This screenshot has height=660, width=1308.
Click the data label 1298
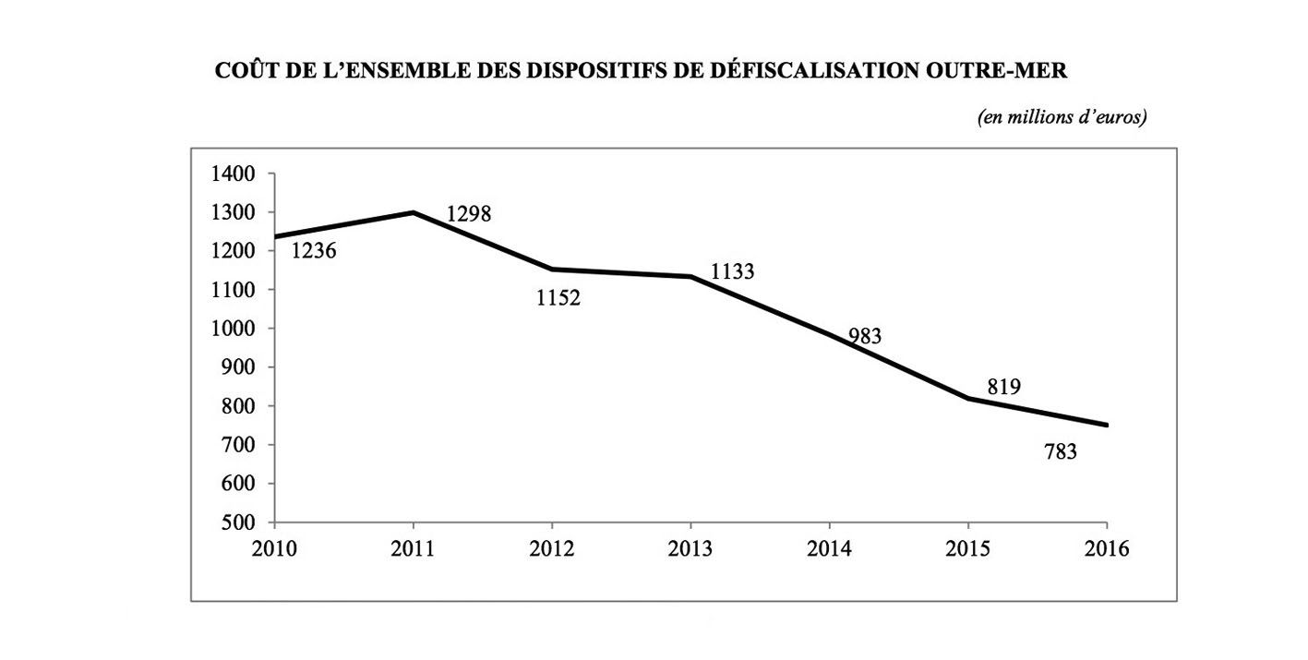coord(469,214)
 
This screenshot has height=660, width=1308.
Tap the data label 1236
coord(314,250)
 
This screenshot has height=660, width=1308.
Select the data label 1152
coord(558,298)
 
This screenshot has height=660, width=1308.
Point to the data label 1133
coord(733,272)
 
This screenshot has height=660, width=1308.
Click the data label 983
coord(865,337)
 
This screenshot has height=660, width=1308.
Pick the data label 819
coord(1003,387)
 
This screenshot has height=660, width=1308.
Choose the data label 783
coord(1061,453)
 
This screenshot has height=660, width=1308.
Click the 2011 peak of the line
coord(414,212)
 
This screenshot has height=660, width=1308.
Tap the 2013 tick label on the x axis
coord(691,549)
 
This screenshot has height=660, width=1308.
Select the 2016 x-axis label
coord(1107,549)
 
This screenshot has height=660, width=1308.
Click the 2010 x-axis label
coord(274,549)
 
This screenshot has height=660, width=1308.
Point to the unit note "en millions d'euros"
coord(1062,117)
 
